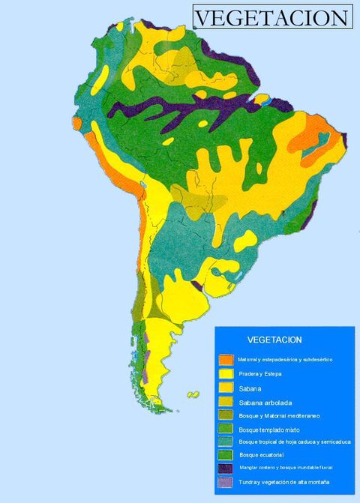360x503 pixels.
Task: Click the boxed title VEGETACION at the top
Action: pos(272,17)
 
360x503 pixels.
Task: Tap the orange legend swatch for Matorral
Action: pos(225,360)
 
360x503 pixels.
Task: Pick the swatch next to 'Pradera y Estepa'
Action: pos(225,374)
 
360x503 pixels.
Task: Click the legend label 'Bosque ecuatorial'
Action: pos(260,455)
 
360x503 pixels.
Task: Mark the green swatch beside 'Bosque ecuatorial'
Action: pos(225,455)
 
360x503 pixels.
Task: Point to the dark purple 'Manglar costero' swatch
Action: pos(225,469)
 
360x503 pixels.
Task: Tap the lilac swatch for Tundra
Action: pos(225,482)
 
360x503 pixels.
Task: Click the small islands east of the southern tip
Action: pos(193,394)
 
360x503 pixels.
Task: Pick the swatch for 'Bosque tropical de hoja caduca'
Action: pos(225,442)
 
